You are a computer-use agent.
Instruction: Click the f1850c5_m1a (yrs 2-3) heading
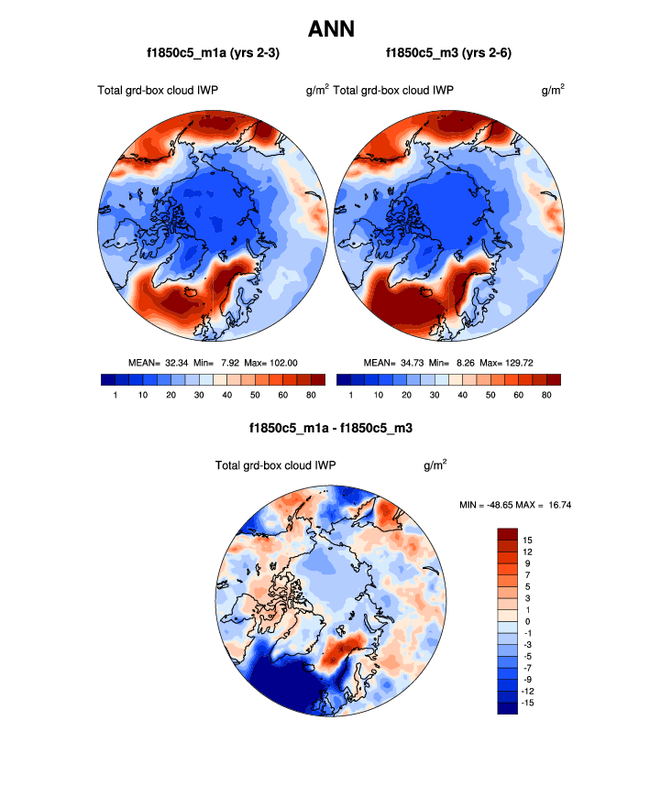click(213, 54)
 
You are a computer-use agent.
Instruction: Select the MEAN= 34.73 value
click(396, 362)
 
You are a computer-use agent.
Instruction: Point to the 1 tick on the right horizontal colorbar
click(351, 395)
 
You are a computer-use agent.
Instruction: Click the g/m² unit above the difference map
click(435, 465)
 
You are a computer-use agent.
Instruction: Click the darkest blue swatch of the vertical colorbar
click(508, 707)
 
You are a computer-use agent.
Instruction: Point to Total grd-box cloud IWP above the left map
click(157, 90)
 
